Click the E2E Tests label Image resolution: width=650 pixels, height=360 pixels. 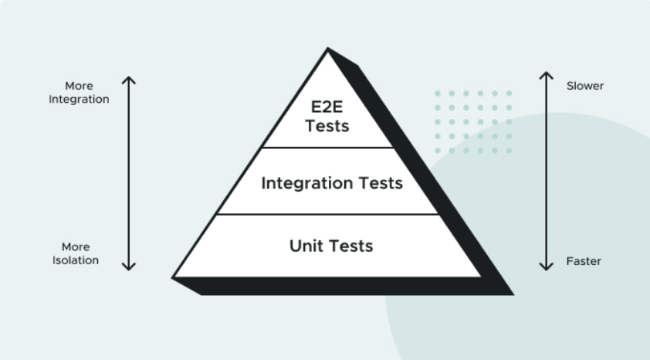pyautogui.click(x=327, y=116)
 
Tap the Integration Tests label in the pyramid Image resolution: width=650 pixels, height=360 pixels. pyautogui.click(x=331, y=184)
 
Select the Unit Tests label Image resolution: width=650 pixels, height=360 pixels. pyautogui.click(x=331, y=246)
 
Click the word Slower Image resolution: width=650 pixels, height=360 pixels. pyautogui.click(x=585, y=86)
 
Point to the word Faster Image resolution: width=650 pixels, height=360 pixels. pyautogui.click(x=584, y=261)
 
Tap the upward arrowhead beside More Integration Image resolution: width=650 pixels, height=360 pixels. pyautogui.click(x=129, y=79)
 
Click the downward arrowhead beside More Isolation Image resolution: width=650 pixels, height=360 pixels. pyautogui.click(x=129, y=267)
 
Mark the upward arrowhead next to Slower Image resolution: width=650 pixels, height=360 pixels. pyautogui.click(x=547, y=75)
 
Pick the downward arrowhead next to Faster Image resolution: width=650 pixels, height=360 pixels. pyautogui.click(x=547, y=267)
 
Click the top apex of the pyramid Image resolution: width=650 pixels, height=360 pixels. pyautogui.click(x=327, y=49)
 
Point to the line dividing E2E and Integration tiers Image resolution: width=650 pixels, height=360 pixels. pyautogui.click(x=327, y=147)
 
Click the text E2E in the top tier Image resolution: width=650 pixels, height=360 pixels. pyautogui.click(x=327, y=107)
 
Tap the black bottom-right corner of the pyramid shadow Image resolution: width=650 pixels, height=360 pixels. pyautogui.click(x=511, y=294)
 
